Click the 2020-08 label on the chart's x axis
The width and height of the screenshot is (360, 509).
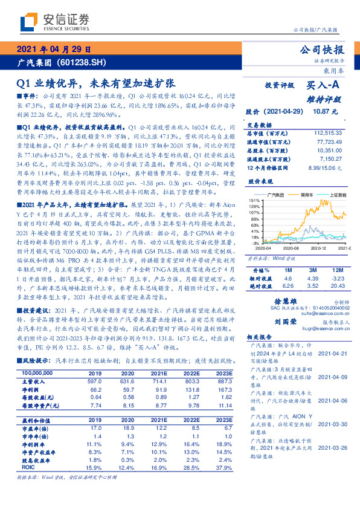(x=290, y=248)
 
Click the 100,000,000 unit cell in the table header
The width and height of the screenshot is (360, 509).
(x=34, y=374)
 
